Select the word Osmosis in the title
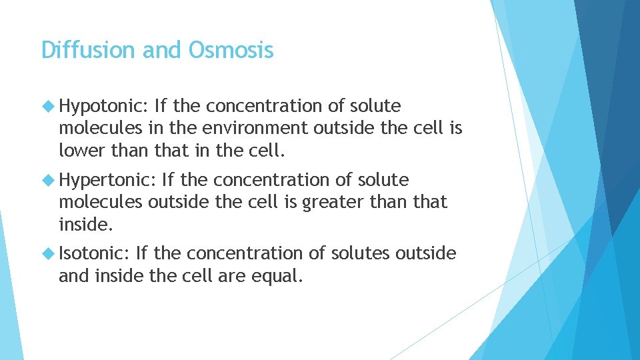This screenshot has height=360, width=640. [x=231, y=50]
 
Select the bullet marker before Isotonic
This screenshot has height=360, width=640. [x=47, y=253]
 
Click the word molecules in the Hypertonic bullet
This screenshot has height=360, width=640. [x=101, y=202]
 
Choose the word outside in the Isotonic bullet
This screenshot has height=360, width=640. [x=426, y=253]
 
